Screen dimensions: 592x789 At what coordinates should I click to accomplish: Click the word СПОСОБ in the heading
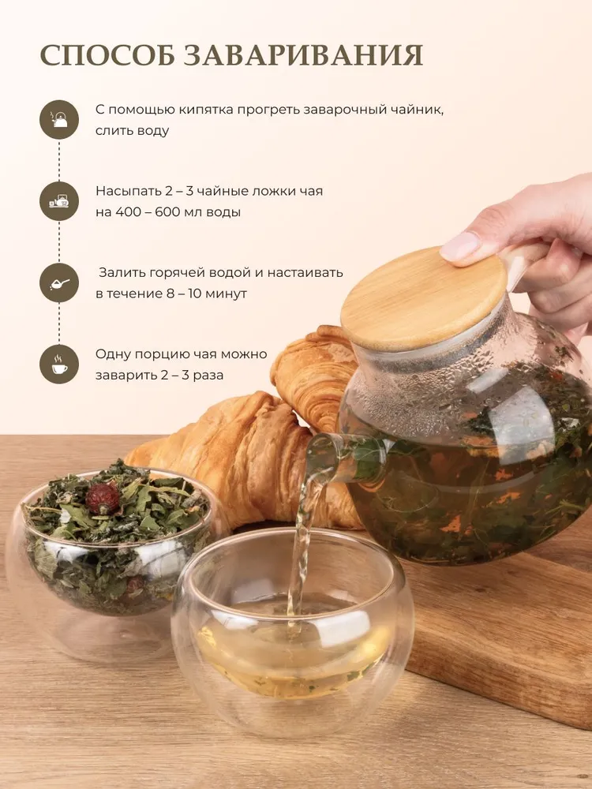pos(107,55)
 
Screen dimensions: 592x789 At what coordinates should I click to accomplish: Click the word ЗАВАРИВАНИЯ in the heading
pos(303,55)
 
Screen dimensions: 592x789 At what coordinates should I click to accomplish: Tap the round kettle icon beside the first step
pos(59,120)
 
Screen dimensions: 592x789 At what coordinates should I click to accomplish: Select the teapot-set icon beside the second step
pos(59,201)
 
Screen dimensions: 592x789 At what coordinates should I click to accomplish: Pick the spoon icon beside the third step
pos(59,282)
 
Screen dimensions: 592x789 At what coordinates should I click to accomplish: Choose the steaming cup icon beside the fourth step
pos(59,365)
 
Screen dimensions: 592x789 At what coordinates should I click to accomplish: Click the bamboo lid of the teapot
pos(423,298)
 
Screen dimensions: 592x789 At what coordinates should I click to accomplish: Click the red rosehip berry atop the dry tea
pos(103,498)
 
